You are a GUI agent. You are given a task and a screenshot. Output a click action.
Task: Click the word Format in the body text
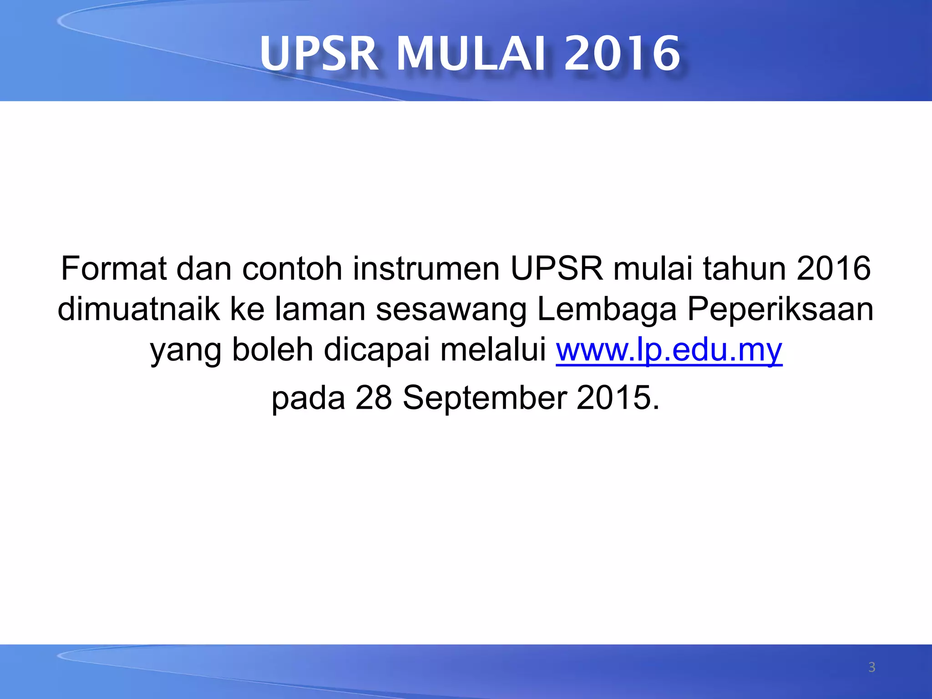pos(113,268)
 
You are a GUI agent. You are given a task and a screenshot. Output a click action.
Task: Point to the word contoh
pos(292,268)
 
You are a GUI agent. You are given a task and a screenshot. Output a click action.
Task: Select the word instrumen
pos(426,268)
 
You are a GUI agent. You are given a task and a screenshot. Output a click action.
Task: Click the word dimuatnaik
pos(138,309)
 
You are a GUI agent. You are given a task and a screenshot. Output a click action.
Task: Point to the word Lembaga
pos(607,309)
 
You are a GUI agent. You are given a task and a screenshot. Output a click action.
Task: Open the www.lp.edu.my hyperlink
pos(669,350)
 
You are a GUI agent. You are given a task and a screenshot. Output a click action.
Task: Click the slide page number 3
pos(871,667)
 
